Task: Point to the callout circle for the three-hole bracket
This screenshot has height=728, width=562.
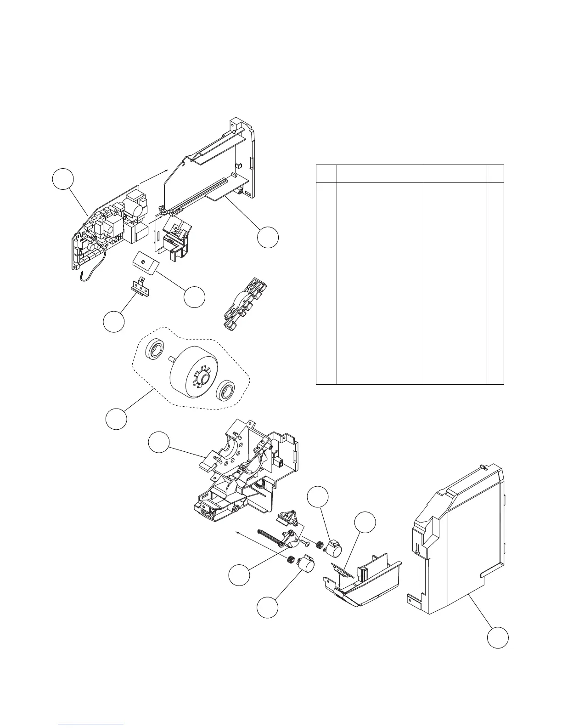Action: (113, 322)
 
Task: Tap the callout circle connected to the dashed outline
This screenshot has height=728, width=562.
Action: (116, 419)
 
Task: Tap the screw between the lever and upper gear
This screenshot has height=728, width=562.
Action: (305, 544)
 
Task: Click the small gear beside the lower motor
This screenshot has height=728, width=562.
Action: (290, 560)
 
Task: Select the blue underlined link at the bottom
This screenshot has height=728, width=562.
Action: (92, 723)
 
